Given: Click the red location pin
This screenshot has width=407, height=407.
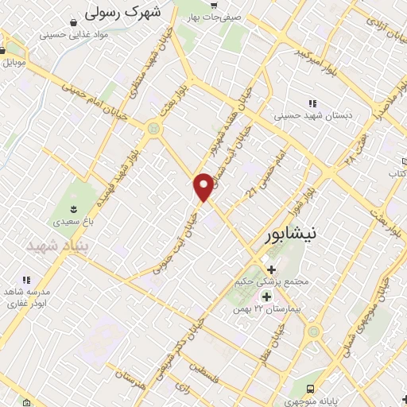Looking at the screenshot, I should pos(204,186).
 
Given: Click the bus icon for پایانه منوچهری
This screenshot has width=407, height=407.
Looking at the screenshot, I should pos(310,389).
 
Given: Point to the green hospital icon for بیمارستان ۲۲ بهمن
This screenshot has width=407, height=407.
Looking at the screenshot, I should pos(266,297).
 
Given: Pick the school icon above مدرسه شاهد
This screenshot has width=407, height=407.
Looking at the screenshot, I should pos(26,279).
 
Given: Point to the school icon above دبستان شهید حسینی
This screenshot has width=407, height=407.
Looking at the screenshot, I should pos(312,103).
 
